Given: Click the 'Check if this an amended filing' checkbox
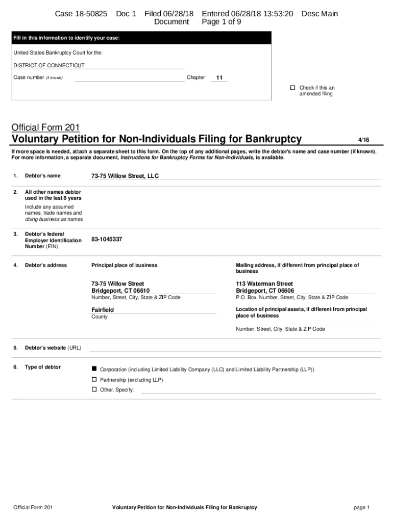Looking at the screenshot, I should point(293,88).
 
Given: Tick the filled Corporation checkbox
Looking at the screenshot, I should point(94,369).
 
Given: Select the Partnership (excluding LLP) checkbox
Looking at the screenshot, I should point(94,380).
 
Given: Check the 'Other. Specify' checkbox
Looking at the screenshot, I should point(94,389).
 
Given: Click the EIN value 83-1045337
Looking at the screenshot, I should point(107,239).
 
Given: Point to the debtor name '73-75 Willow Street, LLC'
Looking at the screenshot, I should point(125,176).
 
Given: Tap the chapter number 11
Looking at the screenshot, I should point(219,78).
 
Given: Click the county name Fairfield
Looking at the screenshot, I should point(103,310).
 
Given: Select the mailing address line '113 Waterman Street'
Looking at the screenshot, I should point(264,283).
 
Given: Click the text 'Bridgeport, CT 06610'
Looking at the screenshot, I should point(120,291).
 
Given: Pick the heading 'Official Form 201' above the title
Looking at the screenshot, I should point(46,127).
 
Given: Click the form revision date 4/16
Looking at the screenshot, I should point(363,139).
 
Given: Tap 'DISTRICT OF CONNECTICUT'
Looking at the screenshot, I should point(49,65).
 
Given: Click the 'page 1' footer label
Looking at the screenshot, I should point(361,508).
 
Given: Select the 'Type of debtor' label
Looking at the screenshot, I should point(43,367).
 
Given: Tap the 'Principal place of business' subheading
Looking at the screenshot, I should point(124,265).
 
